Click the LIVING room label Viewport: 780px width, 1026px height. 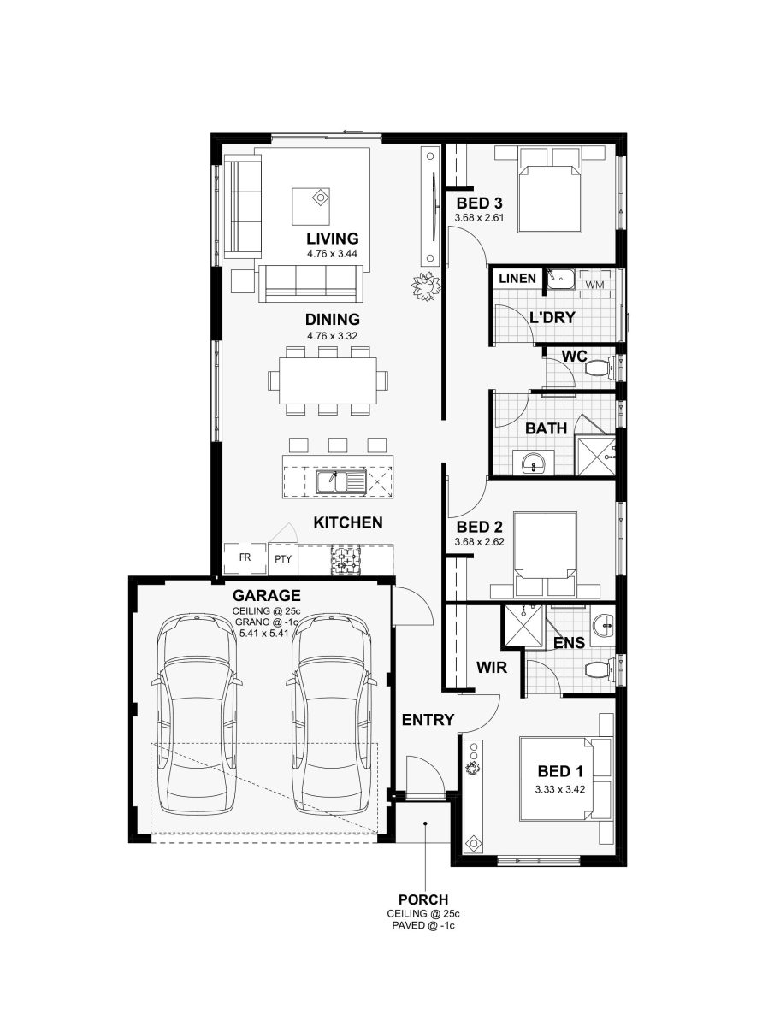tap(333, 239)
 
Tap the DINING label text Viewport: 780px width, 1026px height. tap(333, 320)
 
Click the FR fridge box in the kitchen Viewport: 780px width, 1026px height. tap(245, 557)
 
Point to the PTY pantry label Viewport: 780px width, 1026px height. tap(283, 559)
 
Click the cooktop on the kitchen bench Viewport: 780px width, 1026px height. tap(346, 560)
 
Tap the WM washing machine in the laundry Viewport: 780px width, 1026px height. tap(594, 284)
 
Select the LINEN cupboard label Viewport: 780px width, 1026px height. tap(517, 279)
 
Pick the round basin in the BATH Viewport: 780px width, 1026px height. tap(533, 463)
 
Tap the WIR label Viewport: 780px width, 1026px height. tap(492, 668)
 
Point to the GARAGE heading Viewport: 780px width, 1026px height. tap(266, 595)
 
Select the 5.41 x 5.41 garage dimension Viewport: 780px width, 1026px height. tap(264, 634)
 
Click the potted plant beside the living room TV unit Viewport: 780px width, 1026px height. tap(426, 287)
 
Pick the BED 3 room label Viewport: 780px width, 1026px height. tap(479, 203)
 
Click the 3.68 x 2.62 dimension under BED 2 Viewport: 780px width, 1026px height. tap(479, 542)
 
